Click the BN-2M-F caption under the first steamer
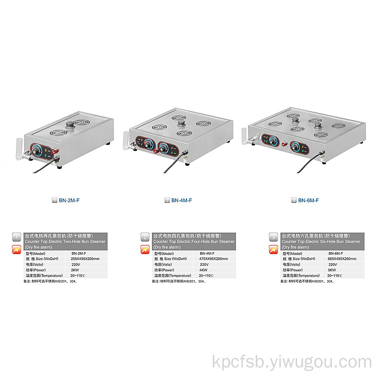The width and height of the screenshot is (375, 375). tap(69, 200)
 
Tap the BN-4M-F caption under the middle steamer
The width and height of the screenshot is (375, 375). tap(181, 200)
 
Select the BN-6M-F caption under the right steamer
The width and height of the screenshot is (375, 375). tap(308, 200)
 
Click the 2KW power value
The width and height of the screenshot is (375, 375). tap(75, 270)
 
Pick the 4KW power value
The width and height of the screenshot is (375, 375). tap(203, 270)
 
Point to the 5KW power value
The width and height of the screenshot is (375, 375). tap(332, 270)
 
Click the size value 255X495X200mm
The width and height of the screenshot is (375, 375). tap(85, 259)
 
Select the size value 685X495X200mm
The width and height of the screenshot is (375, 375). tap(342, 259)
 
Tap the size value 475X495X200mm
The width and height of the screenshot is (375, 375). tap(214, 259)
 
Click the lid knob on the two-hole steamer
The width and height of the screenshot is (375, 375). tap(70, 125)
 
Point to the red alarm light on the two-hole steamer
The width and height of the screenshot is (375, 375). tap(56, 151)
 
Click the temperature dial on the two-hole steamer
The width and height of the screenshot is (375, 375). tap(37, 151)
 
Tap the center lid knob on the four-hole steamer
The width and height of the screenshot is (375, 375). tap(181, 124)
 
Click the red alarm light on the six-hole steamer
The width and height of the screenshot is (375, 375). tap(284, 144)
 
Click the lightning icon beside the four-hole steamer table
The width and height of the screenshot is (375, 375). tap(145, 249)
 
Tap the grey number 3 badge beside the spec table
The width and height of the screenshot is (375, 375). tap(273, 237)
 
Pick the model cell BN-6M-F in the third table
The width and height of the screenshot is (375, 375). tap(336, 253)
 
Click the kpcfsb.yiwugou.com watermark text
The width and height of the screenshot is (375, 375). tap(292, 362)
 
